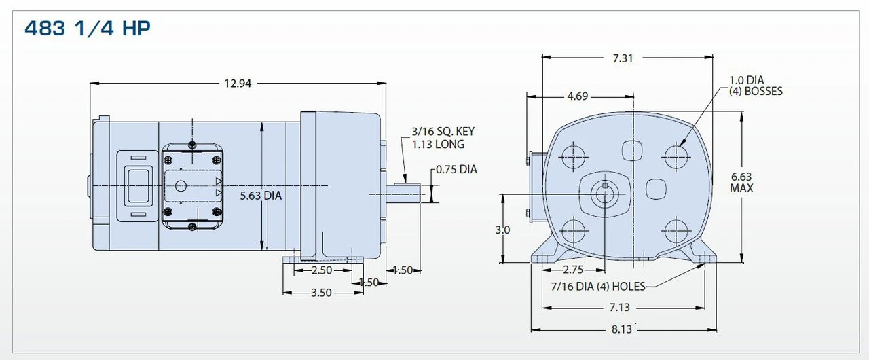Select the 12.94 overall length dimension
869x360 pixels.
[238, 83]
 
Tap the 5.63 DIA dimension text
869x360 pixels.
[261, 196]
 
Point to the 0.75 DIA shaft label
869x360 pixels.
[456, 169]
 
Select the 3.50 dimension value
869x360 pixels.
[321, 293]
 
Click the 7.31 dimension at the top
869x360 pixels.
[623, 58]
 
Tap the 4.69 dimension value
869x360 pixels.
[577, 96]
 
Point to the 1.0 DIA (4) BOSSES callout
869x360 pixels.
[756, 86]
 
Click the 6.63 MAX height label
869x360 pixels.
[741, 183]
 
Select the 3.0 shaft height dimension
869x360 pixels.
[502, 230]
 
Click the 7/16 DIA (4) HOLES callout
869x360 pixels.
[597, 286]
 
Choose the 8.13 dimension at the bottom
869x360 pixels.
[622, 329]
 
